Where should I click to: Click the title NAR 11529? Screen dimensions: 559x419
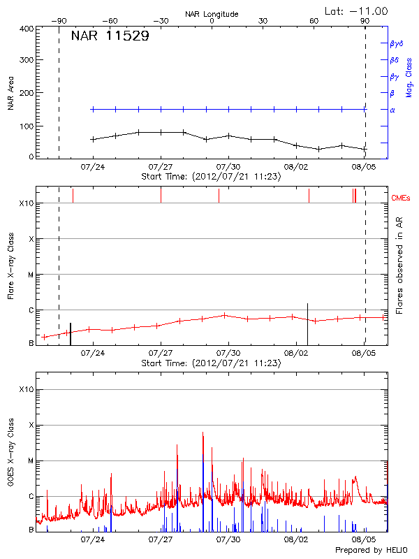(110, 36)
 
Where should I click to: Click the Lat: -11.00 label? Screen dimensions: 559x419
(357, 10)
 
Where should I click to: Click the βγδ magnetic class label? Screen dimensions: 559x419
(396, 43)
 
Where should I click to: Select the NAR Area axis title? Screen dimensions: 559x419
(10, 93)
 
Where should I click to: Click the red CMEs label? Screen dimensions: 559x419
(402, 198)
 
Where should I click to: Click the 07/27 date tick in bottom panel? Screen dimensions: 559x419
(161, 539)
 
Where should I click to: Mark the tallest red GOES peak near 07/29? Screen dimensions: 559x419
(203, 433)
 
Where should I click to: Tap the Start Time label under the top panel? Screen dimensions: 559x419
(211, 177)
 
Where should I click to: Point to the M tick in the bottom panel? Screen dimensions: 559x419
(31, 460)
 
